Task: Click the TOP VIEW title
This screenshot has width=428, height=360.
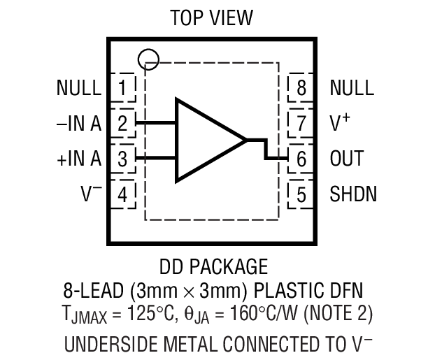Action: (x=214, y=17)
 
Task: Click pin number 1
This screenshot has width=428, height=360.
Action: (x=123, y=88)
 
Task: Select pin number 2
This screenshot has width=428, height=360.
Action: (x=123, y=124)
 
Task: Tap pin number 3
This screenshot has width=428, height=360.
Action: (x=123, y=159)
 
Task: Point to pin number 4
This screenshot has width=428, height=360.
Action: (x=123, y=194)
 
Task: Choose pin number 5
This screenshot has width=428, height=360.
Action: (x=301, y=194)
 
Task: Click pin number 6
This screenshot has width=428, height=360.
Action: (x=301, y=159)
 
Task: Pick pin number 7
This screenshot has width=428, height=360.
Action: (x=301, y=124)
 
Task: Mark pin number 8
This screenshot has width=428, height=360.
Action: (x=301, y=88)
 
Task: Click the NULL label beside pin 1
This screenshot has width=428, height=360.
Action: (x=79, y=88)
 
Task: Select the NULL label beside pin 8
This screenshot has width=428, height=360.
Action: (x=352, y=88)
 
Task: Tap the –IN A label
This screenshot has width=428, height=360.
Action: (x=78, y=124)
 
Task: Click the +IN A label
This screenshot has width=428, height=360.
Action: (x=78, y=159)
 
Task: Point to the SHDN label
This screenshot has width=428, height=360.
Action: (x=353, y=194)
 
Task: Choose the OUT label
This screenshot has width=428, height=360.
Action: (x=346, y=159)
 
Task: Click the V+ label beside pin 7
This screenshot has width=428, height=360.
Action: (x=340, y=123)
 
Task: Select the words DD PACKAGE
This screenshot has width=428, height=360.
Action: (x=214, y=266)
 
